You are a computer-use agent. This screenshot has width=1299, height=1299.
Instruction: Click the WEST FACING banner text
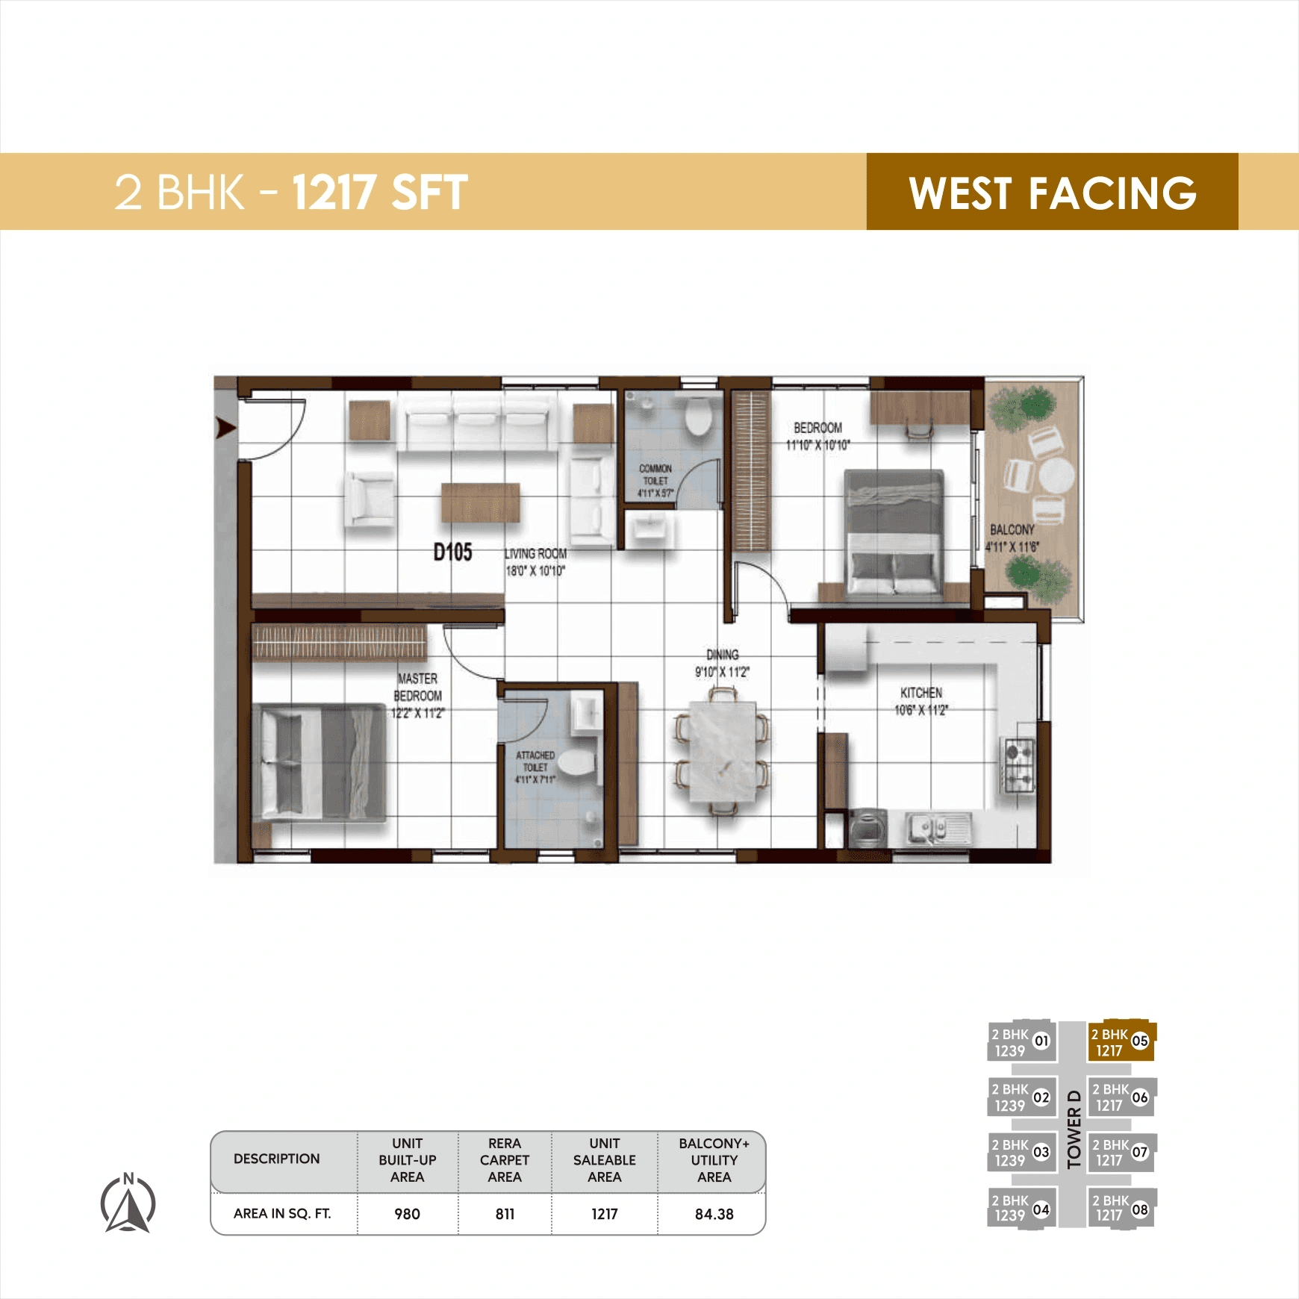tap(1052, 193)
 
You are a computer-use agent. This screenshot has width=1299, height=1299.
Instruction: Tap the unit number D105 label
tap(452, 552)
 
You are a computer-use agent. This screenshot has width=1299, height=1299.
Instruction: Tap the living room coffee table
tap(480, 502)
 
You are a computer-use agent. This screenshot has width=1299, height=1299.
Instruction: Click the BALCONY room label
tap(1012, 529)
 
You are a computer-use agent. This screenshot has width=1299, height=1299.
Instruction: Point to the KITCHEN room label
tap(921, 693)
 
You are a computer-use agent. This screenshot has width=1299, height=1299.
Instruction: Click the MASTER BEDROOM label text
tap(417, 687)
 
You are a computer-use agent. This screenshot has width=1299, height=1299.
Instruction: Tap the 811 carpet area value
tap(505, 1214)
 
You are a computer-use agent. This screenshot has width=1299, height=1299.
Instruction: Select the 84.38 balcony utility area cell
tap(714, 1214)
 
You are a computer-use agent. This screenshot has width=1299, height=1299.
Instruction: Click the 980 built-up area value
tap(407, 1214)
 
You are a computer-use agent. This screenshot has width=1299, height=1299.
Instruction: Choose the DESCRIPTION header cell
tap(276, 1159)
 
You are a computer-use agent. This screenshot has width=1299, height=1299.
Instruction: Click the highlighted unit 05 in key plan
tap(1120, 1041)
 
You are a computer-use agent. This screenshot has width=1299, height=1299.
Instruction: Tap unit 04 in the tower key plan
tap(1021, 1207)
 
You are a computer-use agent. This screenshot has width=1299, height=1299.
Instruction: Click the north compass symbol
tap(128, 1203)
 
